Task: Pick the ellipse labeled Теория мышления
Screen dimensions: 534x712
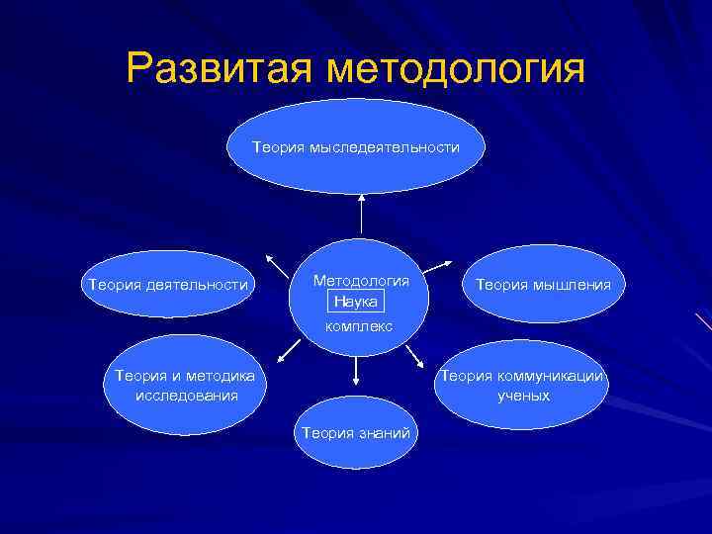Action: pyautogui.click(x=543, y=285)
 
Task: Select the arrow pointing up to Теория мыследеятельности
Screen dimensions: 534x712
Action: pyautogui.click(x=362, y=213)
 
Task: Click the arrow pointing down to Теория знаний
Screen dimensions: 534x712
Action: pyautogui.click(x=356, y=371)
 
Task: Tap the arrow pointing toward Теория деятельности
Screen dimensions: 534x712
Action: pyautogui.click(x=275, y=263)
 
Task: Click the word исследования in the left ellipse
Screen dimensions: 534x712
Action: pyautogui.click(x=186, y=396)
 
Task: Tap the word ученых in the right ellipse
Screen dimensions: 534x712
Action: pyautogui.click(x=524, y=396)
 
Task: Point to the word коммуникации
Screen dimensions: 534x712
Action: pyautogui.click(x=559, y=376)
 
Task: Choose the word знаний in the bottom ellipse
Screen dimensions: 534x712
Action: pyautogui.click(x=388, y=432)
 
